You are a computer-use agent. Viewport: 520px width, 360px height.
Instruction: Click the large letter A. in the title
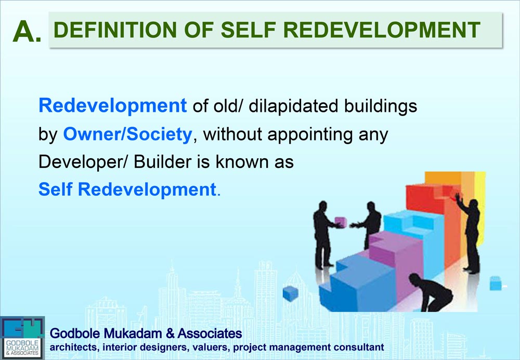[27, 32]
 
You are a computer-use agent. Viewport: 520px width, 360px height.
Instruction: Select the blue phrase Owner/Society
[127, 134]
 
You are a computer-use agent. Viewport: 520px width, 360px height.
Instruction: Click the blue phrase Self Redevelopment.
[127, 189]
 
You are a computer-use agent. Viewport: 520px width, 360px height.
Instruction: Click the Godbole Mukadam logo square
[22, 337]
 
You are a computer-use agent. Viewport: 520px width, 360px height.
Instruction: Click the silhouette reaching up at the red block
[471, 229]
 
